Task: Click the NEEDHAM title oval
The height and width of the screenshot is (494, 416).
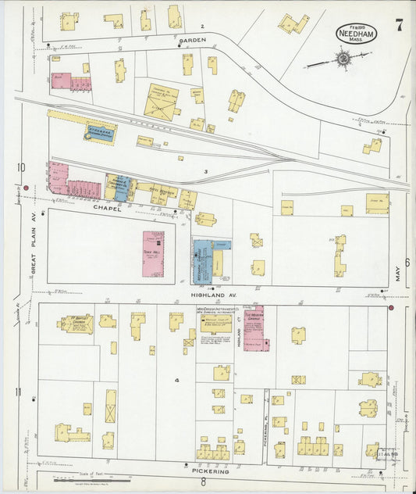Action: pyautogui.click(x=356, y=33)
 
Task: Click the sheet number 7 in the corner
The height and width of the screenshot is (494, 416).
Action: pyautogui.click(x=399, y=24)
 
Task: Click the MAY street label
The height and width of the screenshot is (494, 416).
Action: pyautogui.click(x=398, y=272)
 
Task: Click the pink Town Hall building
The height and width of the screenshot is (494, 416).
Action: pyautogui.click(x=153, y=254)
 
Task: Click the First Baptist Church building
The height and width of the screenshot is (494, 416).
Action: pyautogui.click(x=78, y=323)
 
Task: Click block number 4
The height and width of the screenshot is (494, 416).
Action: pyautogui.click(x=177, y=381)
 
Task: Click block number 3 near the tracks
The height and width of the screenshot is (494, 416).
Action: pyautogui.click(x=205, y=171)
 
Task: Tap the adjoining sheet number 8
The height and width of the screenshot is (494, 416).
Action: pyautogui.click(x=203, y=483)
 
